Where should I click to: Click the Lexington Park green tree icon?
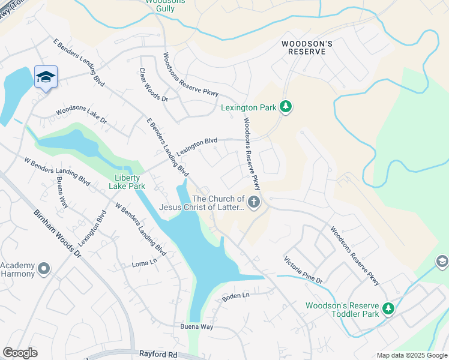pos(286,107)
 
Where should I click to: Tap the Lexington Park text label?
pos(249,108)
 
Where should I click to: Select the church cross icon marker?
pos(254,203)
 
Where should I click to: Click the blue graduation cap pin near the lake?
pos(46,77)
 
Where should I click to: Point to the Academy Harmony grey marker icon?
pos(43,269)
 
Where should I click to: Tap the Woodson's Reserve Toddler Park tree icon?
pos(388,309)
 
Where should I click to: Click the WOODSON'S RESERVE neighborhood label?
pos(304,47)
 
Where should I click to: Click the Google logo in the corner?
pos(20,353)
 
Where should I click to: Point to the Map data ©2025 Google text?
pos(411,355)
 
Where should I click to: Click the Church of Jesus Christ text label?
pos(202,203)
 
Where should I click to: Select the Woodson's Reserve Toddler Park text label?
pos(342,310)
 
